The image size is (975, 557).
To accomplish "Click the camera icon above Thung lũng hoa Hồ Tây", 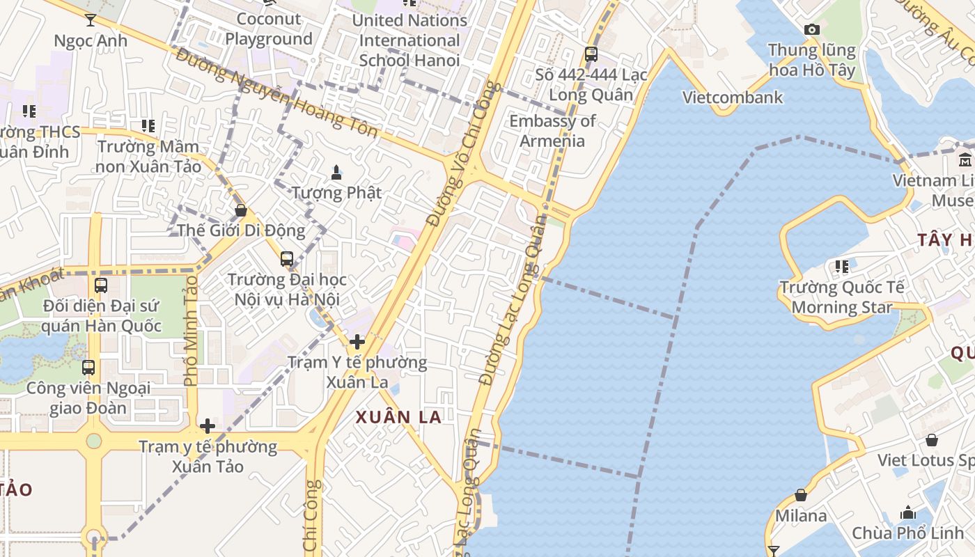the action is (x=811, y=29).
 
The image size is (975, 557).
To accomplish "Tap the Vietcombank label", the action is (x=732, y=97).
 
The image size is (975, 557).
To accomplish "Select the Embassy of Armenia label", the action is (x=552, y=131).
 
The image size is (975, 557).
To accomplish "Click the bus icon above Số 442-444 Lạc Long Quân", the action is (x=591, y=54).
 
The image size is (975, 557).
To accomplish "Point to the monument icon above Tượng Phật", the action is (x=336, y=172).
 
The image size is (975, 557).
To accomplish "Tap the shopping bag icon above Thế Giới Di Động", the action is (x=241, y=210).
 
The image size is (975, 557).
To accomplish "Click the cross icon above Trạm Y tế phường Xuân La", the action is (x=357, y=342).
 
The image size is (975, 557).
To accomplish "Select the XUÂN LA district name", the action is (x=398, y=417).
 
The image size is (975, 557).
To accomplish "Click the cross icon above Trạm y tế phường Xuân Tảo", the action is (x=208, y=426).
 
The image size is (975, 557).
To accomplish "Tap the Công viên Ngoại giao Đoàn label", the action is (x=88, y=398).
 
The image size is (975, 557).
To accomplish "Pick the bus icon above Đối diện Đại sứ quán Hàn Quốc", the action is (x=101, y=285).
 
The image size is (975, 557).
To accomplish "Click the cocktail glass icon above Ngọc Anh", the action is (x=91, y=19).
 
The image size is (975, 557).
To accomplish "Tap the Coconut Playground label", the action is (x=269, y=29).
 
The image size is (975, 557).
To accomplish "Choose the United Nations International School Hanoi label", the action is (x=409, y=40).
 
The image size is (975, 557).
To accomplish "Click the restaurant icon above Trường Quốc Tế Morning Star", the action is (x=842, y=266).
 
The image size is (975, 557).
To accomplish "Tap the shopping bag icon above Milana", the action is (x=801, y=495).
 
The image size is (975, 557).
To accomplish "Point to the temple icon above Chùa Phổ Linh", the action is (x=908, y=513).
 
